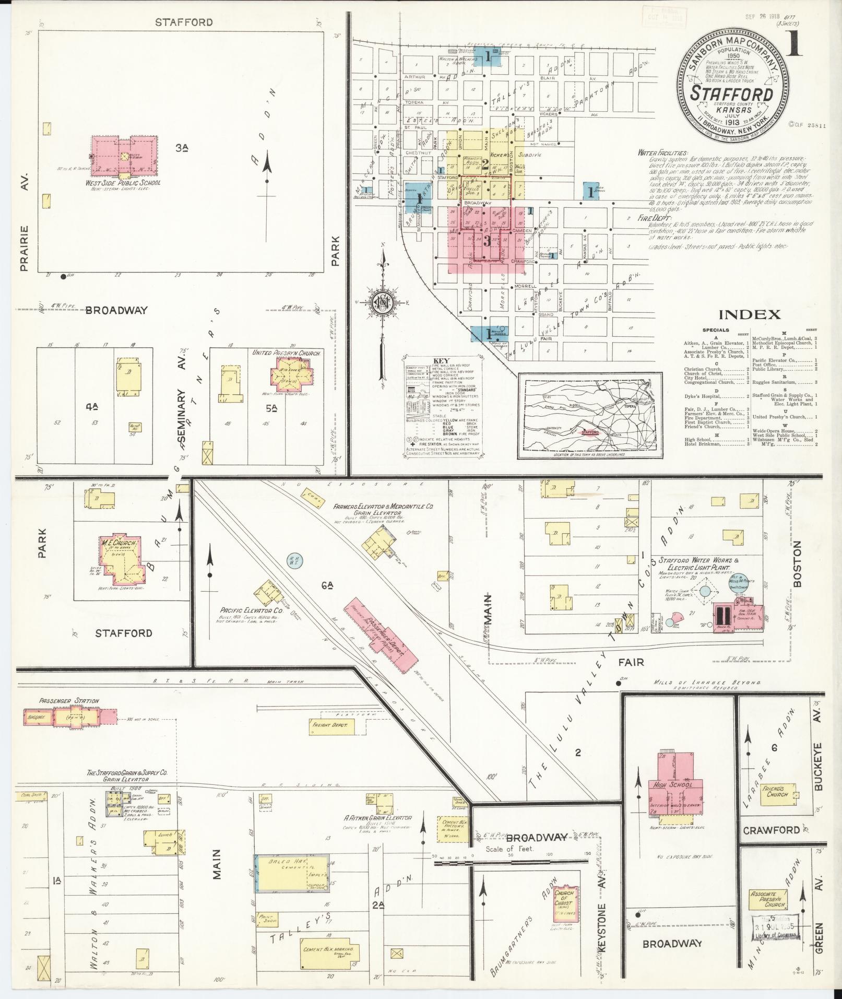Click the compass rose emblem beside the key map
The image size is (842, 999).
pos(384,301)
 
